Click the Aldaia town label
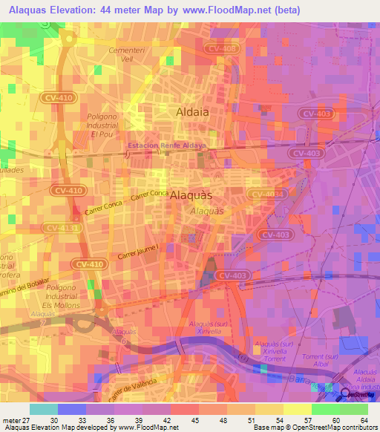[x=191, y=112]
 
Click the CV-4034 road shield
[x=266, y=194]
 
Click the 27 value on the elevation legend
[x=21, y=419]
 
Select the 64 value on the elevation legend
[x=363, y=419]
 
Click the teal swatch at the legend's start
[x=43, y=409]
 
